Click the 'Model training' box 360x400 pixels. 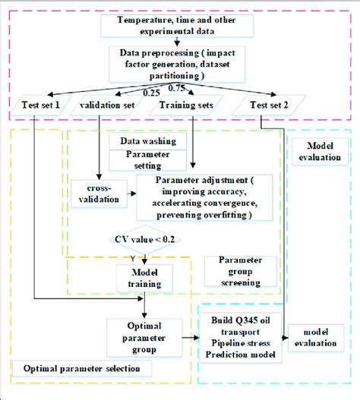144,278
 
